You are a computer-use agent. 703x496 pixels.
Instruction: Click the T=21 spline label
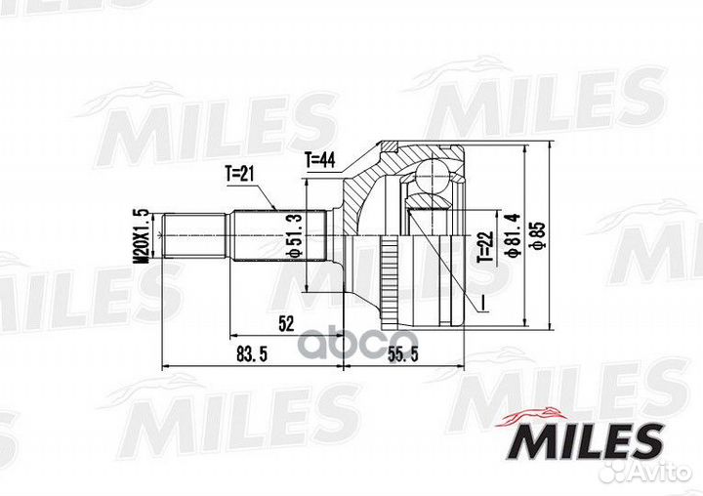(x=239, y=174)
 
